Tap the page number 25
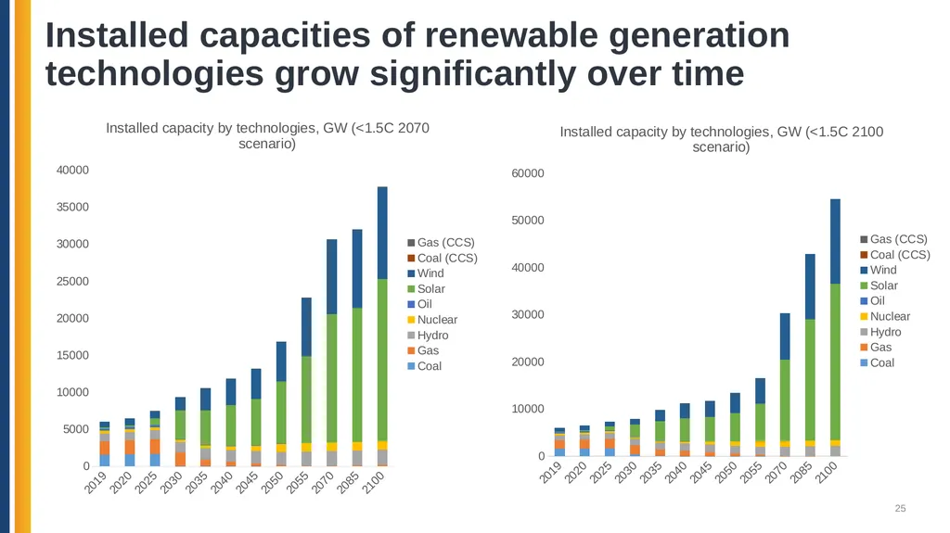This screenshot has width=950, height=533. tap(900, 509)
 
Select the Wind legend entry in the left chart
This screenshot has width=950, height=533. tap(426, 273)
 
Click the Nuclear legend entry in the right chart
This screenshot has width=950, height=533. tap(885, 316)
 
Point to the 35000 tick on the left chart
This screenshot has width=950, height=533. tap(72, 207)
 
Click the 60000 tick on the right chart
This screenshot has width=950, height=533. tap(528, 173)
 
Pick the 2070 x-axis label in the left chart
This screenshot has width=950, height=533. tap(324, 483)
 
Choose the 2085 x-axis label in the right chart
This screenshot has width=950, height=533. tap(802, 473)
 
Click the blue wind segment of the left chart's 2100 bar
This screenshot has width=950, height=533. tap(382, 233)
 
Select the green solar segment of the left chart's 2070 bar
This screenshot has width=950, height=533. tap(331, 378)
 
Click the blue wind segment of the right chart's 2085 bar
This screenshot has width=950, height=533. tap(810, 286)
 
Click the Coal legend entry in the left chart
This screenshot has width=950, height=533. tap(425, 366)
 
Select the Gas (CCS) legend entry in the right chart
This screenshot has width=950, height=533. tap(893, 239)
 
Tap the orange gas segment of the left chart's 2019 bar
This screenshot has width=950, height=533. tap(105, 448)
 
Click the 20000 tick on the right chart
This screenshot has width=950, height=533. tap(528, 362)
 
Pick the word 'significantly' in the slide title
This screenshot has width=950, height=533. tap(473, 74)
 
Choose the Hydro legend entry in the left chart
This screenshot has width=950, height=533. tap(428, 335)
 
